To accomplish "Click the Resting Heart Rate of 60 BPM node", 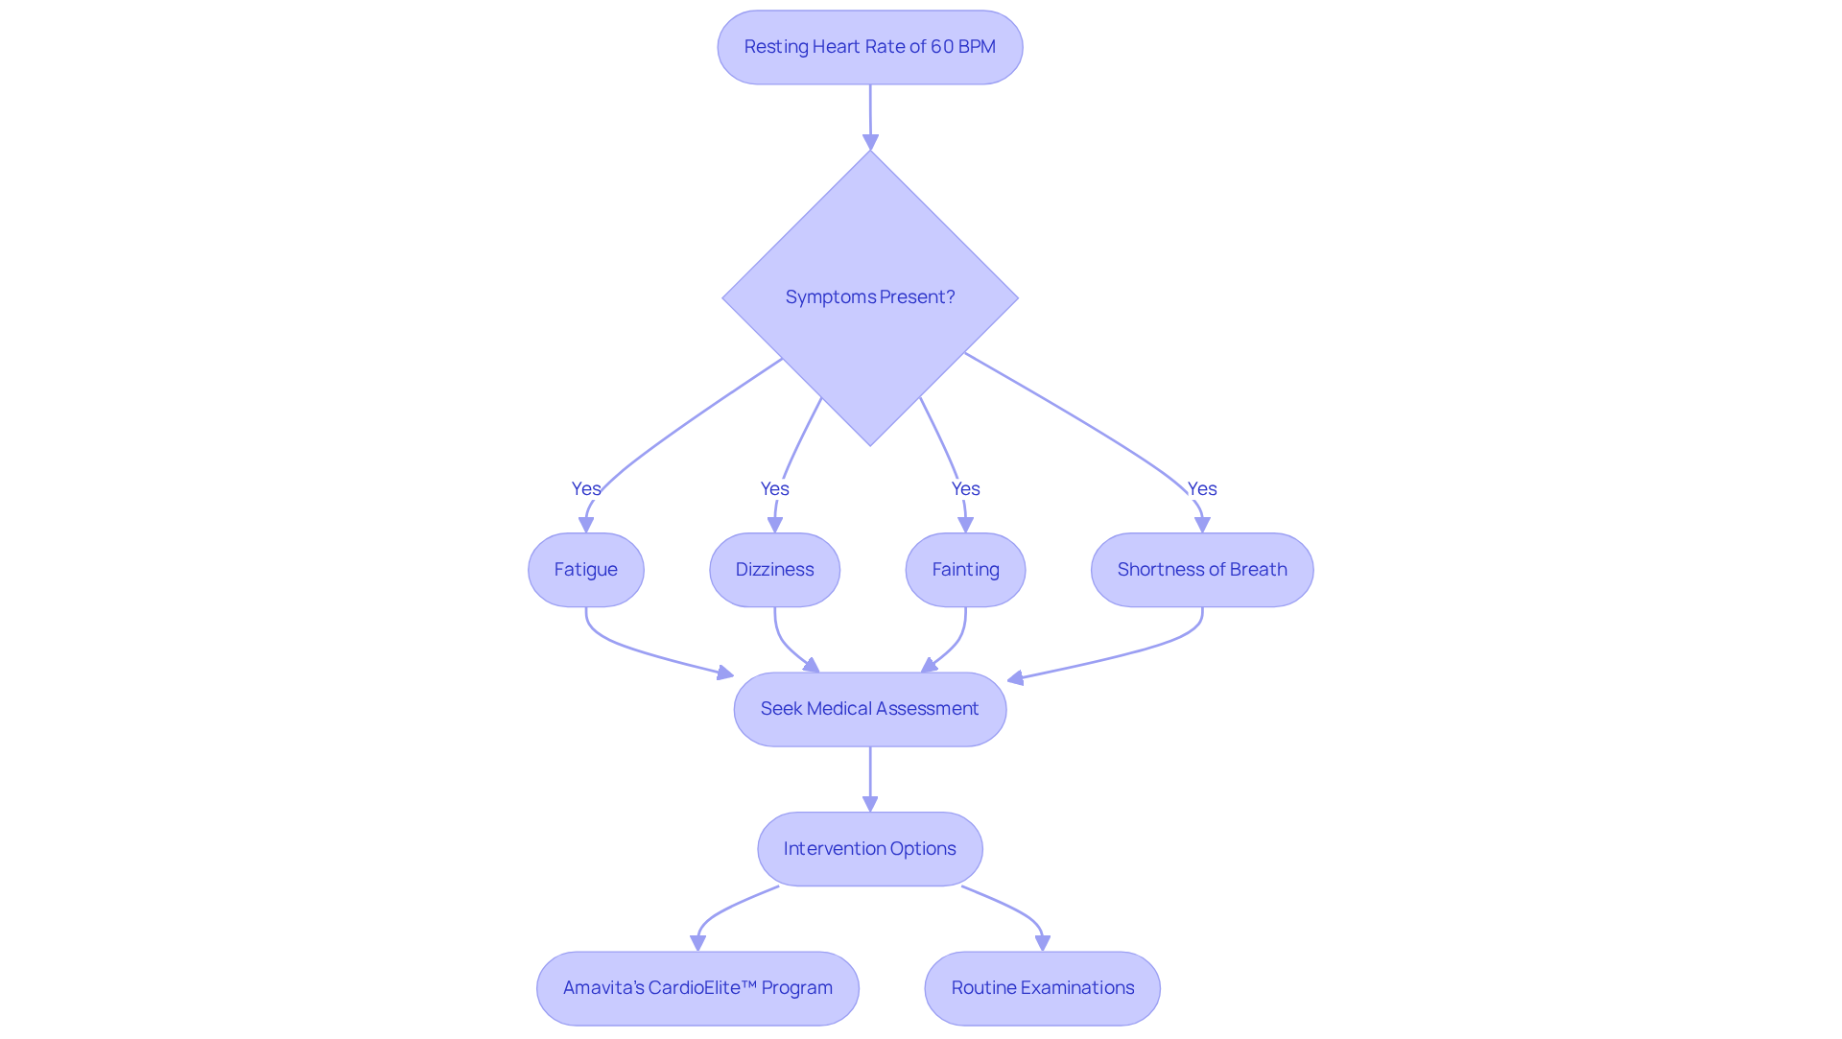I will [x=869, y=47].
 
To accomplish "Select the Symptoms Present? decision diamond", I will [x=869, y=297].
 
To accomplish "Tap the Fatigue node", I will [x=585, y=570].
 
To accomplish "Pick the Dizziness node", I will [x=774, y=570].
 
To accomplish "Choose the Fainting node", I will [x=965, y=570].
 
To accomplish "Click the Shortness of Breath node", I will [x=1201, y=570].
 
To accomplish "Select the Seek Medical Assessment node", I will [x=869, y=709].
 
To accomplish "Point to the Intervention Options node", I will [x=869, y=849].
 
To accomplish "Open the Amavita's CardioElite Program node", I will [x=697, y=988].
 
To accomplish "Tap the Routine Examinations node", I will [x=1042, y=988].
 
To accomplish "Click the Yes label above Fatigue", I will [x=585, y=488].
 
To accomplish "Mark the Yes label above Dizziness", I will [x=774, y=488].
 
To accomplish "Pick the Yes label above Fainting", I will [x=965, y=488].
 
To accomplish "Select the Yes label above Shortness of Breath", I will [x=1201, y=488].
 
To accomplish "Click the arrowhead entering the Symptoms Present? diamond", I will [x=870, y=143].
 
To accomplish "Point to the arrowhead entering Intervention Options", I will [x=870, y=804].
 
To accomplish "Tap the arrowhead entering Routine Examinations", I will [x=1043, y=943].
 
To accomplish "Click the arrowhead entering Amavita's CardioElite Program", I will [x=698, y=943].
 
